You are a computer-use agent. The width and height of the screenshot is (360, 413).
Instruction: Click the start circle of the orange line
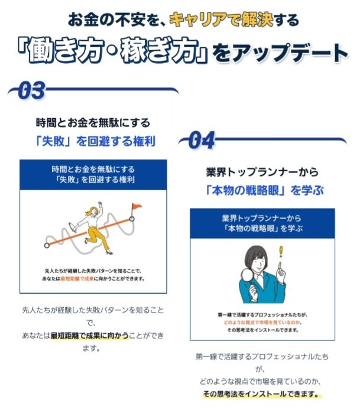coord(46,243)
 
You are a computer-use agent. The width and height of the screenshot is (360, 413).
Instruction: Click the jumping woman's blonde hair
coord(92,210)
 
